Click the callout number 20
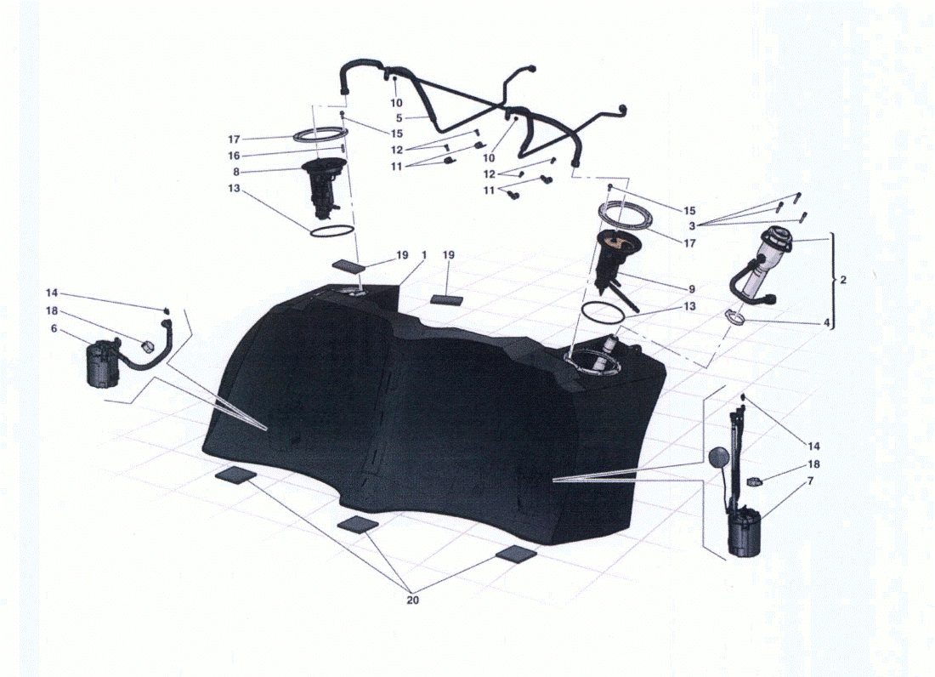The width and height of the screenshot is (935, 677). coord(412,600)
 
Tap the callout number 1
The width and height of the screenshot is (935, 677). coord(424,254)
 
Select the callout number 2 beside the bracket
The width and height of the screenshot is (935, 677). coord(842,280)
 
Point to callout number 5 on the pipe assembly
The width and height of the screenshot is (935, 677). coord(399,118)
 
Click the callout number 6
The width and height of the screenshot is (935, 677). coord(54,328)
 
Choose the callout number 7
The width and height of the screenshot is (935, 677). coord(810,481)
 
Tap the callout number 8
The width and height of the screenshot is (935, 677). coord(236,172)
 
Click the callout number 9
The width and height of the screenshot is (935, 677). coord(692,289)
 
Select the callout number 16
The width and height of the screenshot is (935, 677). coord(234,156)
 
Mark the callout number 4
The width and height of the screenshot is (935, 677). coord(826,322)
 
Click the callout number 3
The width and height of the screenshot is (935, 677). coord(692,226)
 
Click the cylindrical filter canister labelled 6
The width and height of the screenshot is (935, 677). coord(103,364)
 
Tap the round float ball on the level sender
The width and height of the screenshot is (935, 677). coord(718,458)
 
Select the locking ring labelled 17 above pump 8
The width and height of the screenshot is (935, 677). coord(320,134)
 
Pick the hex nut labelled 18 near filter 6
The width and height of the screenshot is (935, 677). coord(147,346)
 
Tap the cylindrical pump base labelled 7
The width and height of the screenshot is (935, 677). coord(745,532)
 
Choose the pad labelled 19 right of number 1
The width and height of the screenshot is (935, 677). coord(447,299)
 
